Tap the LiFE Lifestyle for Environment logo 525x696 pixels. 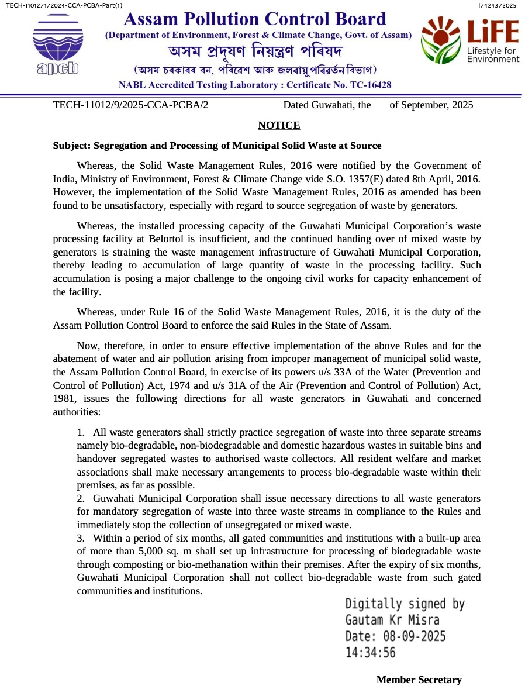pos(470,40)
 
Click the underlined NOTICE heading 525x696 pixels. pos(279,125)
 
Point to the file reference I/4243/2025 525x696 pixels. pos(497,5)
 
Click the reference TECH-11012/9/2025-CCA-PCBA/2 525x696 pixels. pos(130,105)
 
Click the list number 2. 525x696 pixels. pos(81,498)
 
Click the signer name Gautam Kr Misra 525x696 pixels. pos(392,620)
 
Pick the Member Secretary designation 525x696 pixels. pos(419,680)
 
